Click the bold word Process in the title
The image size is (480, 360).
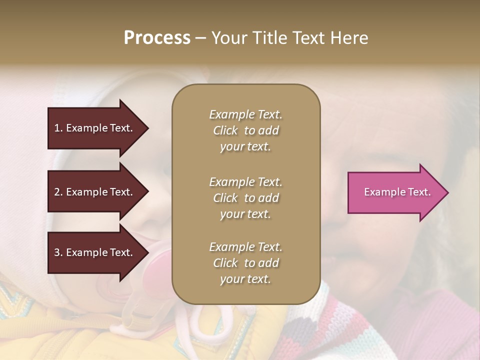tap(157, 38)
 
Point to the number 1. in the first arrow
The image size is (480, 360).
tap(58, 128)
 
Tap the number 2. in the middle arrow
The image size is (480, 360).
tap(58, 192)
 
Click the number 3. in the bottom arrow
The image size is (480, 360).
tap(58, 252)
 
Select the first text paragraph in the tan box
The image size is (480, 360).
tap(245, 130)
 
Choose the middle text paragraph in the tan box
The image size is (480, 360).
tap(245, 198)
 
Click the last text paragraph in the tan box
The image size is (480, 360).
tap(245, 263)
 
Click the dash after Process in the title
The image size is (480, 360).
tap(200, 38)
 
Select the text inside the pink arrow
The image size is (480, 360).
tap(397, 192)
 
